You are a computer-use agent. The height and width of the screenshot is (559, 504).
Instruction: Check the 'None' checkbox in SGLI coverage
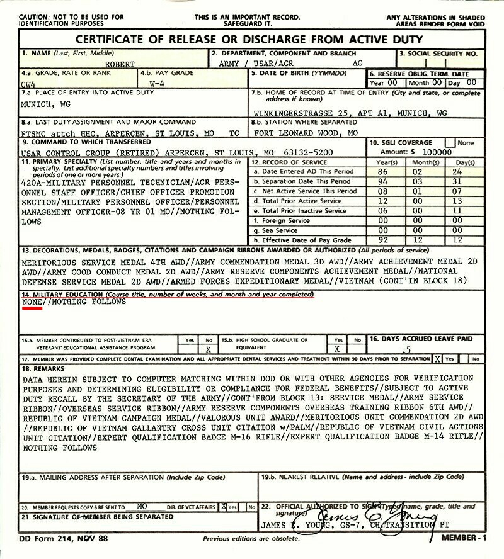pyautogui.click(x=450, y=143)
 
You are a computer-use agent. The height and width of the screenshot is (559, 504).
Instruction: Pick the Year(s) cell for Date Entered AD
pyautogui.click(x=382, y=171)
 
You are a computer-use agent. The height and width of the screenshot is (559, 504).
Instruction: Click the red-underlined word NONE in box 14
pyautogui.click(x=31, y=302)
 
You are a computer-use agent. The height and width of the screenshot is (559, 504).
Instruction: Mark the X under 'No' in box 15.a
pyautogui.click(x=208, y=349)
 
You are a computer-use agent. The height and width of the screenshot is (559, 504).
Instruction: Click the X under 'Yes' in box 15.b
pyautogui.click(x=337, y=349)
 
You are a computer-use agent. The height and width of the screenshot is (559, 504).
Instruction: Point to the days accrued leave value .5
pyautogui.click(x=409, y=349)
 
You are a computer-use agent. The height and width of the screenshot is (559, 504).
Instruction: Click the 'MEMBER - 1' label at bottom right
pyautogui.click(x=464, y=539)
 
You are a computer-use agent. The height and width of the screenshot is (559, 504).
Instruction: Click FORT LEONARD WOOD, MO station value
pyautogui.click(x=306, y=133)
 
